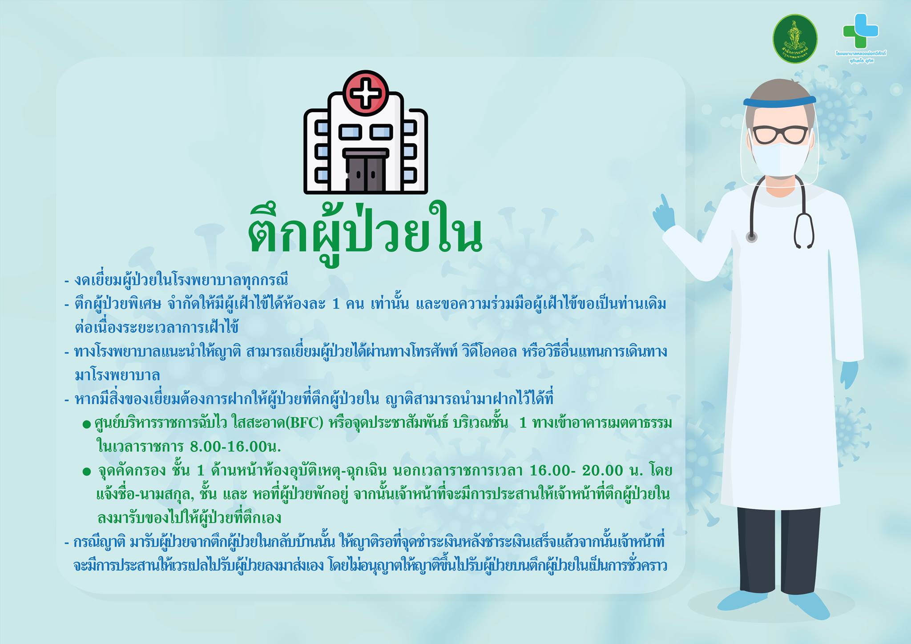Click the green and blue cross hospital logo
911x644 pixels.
coord(861,31)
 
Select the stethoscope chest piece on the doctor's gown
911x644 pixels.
coord(751,237)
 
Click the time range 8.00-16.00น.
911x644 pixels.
coord(235,446)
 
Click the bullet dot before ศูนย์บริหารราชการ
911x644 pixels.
coord(87,424)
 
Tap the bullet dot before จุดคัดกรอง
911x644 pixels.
coord(87,471)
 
